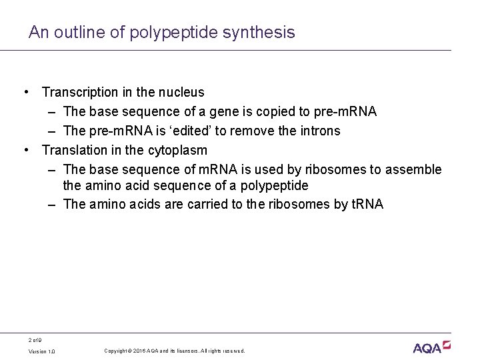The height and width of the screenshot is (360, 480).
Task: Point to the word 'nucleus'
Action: (181, 92)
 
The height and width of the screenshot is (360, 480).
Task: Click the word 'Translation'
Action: (75, 150)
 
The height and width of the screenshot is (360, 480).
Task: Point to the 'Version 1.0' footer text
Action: (41, 351)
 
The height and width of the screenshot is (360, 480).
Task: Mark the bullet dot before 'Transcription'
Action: (25, 92)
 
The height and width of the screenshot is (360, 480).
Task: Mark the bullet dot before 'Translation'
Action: (25, 150)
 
